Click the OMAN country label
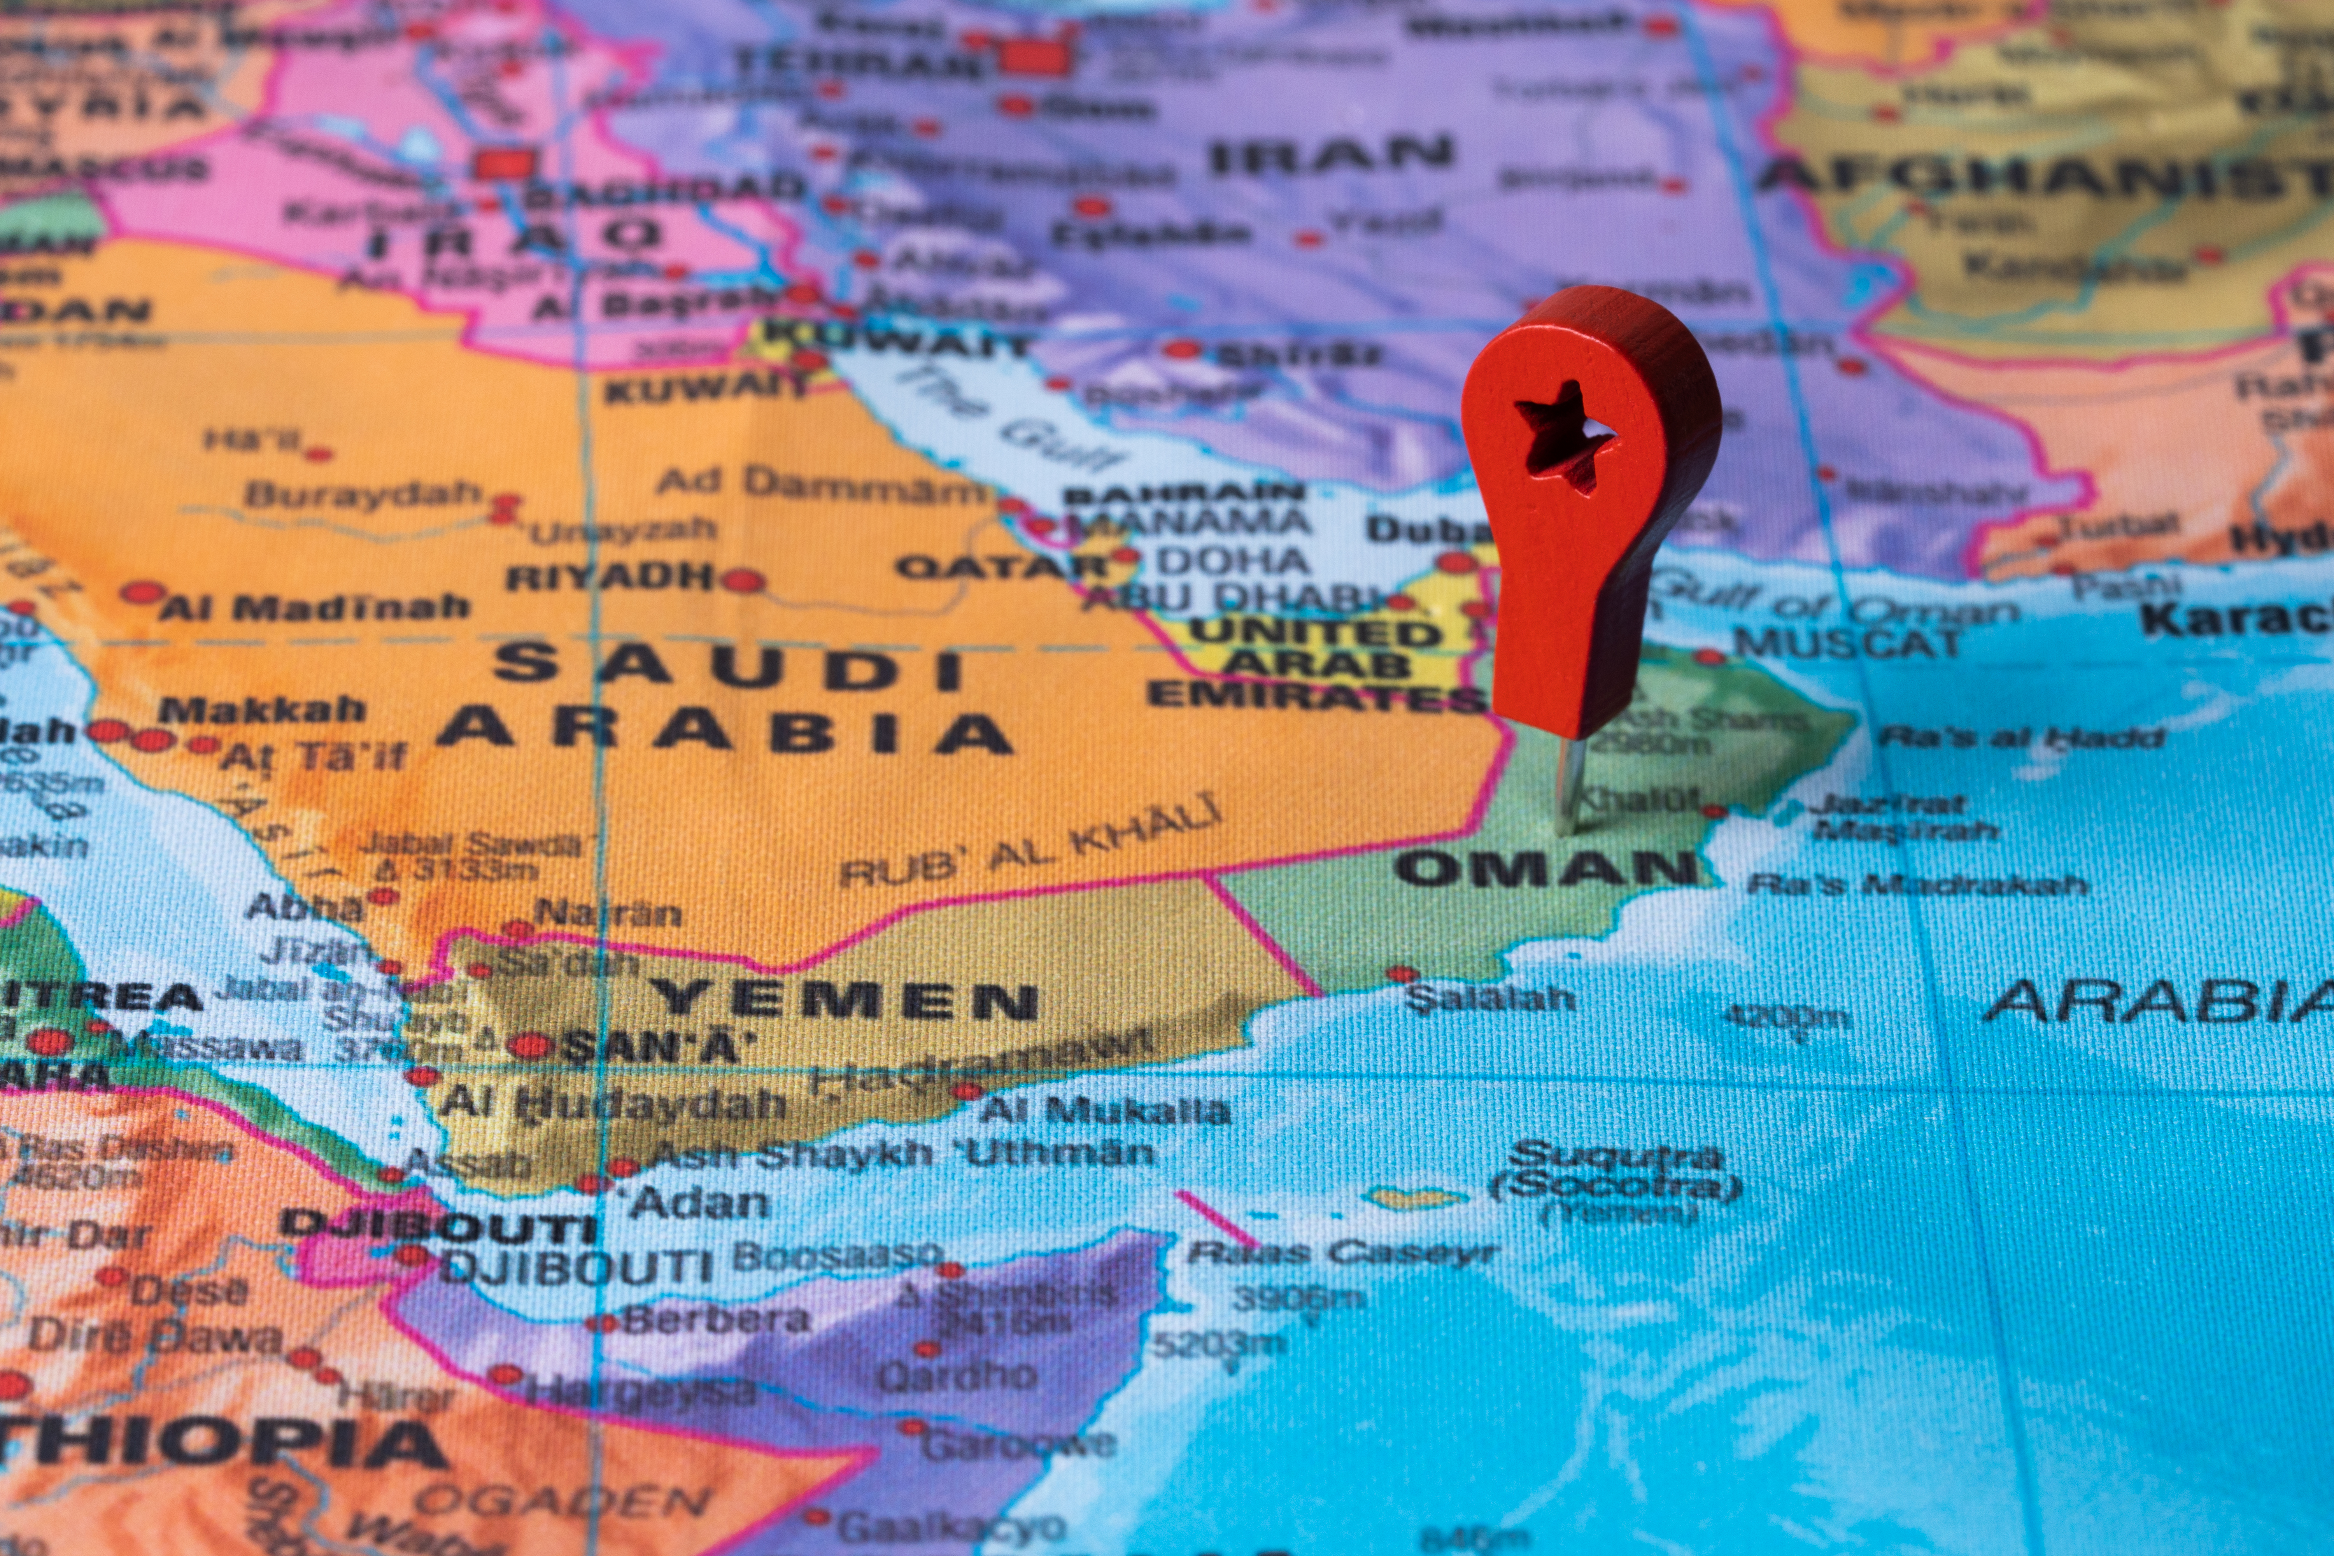pos(1546,869)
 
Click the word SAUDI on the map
pos(729,667)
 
